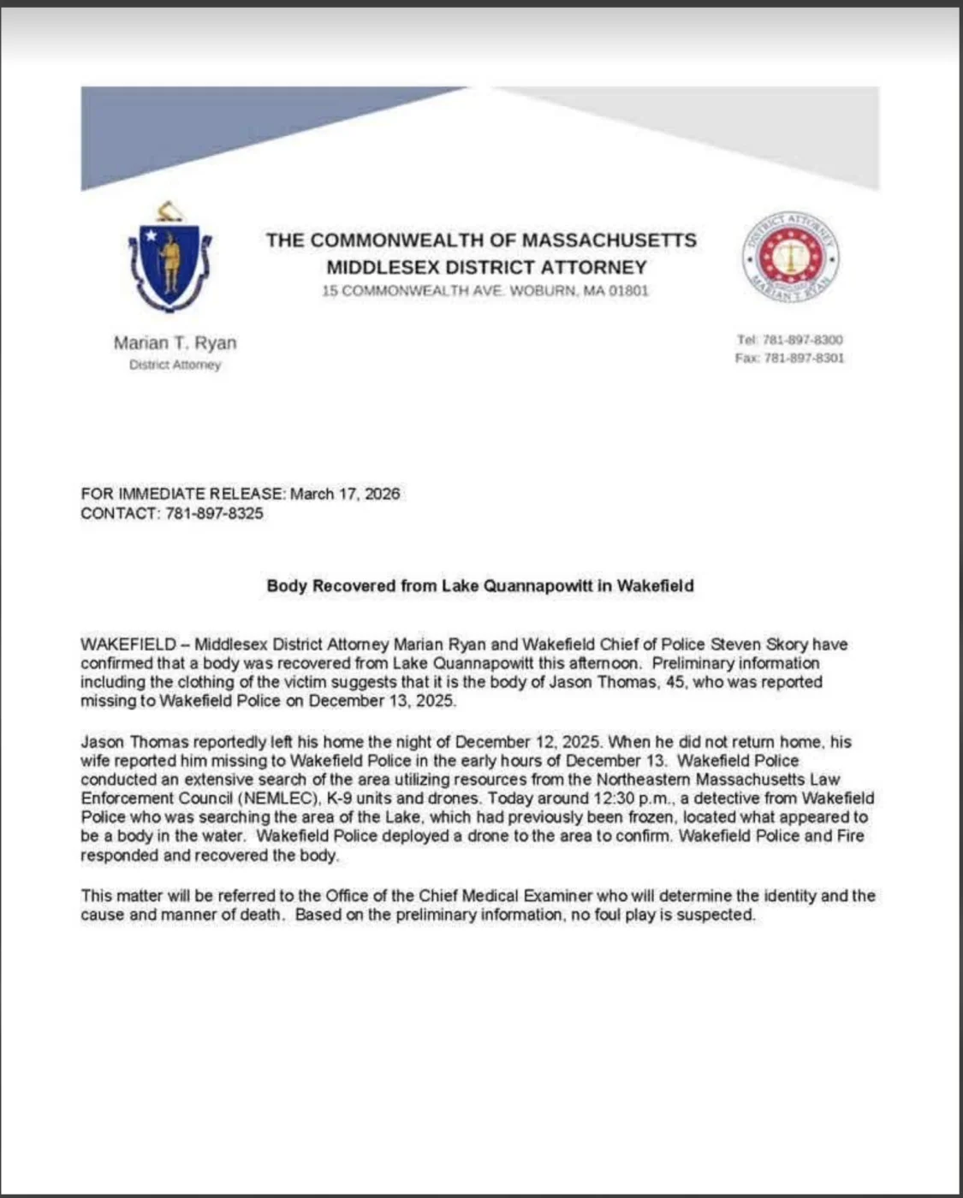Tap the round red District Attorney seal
(790, 258)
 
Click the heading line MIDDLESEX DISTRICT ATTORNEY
(486, 267)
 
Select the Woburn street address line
(485, 291)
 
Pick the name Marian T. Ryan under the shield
(175, 343)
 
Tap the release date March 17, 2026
(345, 494)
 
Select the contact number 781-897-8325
(214, 513)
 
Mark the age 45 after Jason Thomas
(675, 682)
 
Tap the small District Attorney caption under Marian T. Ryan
(175, 365)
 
